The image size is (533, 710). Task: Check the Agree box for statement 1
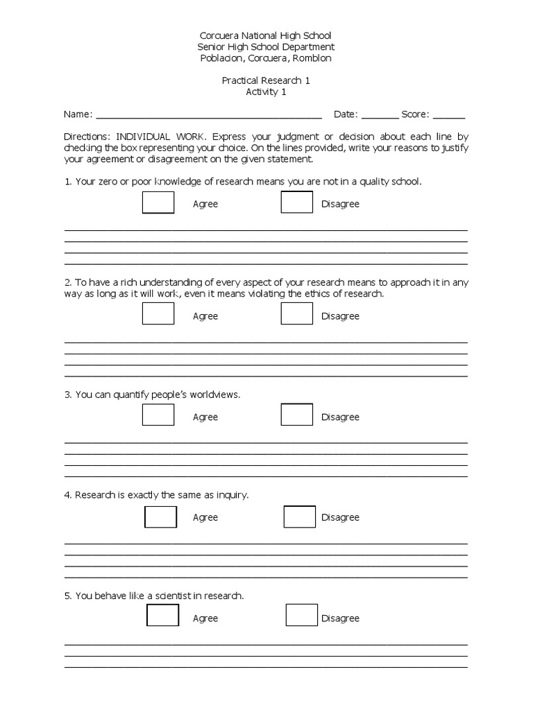(x=158, y=202)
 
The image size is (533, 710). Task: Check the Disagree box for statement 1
(x=297, y=202)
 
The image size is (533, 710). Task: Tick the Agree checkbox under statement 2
(x=158, y=313)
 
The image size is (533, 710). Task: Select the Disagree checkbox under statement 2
(x=297, y=313)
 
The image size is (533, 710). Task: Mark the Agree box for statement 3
(x=158, y=415)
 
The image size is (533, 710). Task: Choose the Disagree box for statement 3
(x=297, y=415)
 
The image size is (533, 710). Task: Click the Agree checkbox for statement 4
(x=160, y=517)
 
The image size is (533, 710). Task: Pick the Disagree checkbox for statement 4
(x=300, y=517)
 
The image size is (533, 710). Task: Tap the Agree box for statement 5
(x=162, y=616)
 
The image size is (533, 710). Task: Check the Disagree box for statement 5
(x=302, y=616)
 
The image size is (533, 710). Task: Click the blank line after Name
(x=208, y=115)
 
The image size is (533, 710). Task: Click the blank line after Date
(x=380, y=115)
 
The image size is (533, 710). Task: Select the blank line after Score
(x=449, y=115)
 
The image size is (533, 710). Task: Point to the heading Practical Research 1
(x=266, y=80)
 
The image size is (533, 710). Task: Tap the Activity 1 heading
(x=266, y=92)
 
